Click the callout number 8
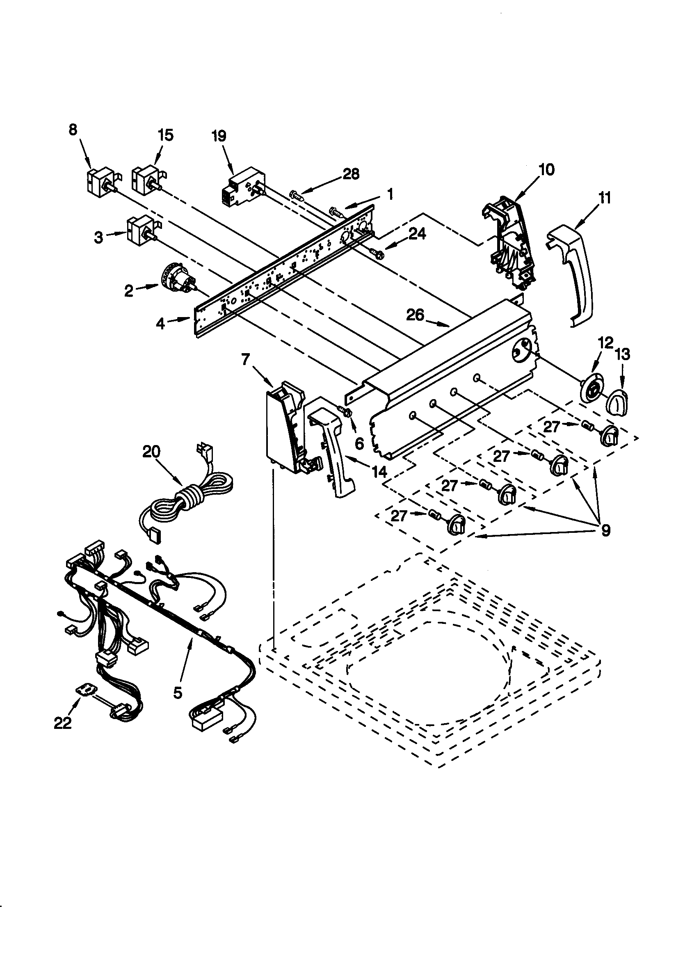click(73, 130)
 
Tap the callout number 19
click(219, 136)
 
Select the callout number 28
click(351, 174)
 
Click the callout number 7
click(245, 359)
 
